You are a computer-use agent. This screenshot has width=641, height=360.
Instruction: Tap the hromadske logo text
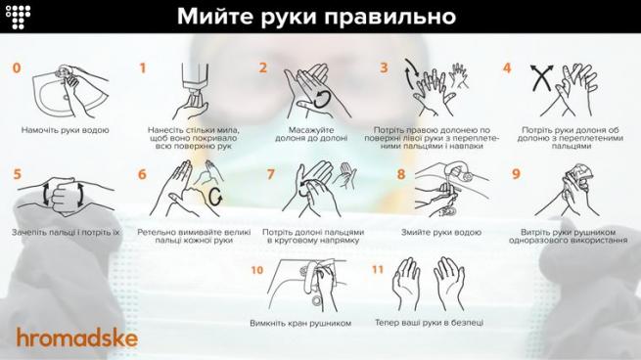pyautogui.click(x=77, y=338)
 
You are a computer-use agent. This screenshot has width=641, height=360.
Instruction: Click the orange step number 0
pyautogui.click(x=17, y=68)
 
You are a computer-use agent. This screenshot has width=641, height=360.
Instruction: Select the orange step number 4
pyautogui.click(x=507, y=68)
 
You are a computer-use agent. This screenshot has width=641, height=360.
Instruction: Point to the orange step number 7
pyautogui.click(x=271, y=175)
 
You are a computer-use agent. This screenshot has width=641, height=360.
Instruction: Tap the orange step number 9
pyautogui.click(x=516, y=175)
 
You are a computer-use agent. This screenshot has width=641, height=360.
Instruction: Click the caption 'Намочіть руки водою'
pyautogui.click(x=66, y=129)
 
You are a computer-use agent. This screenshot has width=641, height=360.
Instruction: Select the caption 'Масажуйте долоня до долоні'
pyautogui.click(x=311, y=134)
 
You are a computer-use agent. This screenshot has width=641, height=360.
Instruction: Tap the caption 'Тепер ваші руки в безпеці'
pyautogui.click(x=429, y=323)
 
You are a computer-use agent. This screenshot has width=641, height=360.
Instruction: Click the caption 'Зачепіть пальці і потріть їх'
pyautogui.click(x=66, y=233)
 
